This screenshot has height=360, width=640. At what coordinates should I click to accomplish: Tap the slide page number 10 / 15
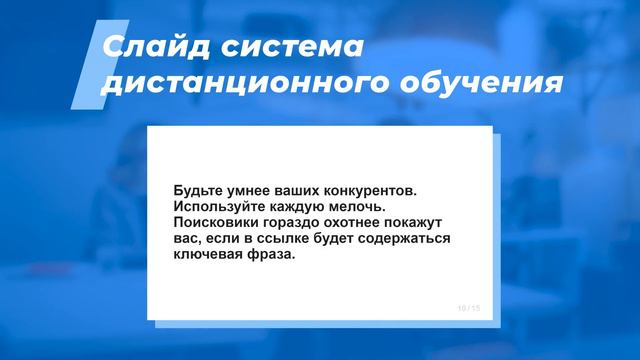point(468,308)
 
